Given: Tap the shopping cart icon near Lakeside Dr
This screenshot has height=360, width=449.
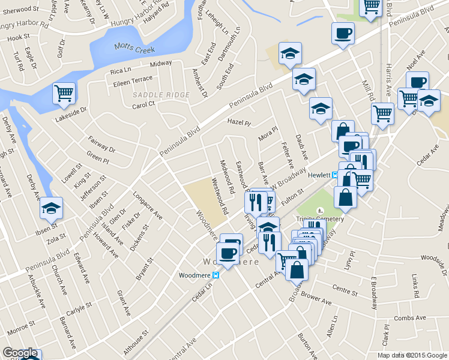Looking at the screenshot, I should [64, 94].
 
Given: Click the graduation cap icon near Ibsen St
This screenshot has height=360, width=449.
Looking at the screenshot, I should [52, 208].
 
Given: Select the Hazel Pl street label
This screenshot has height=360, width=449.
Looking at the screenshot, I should [238, 122].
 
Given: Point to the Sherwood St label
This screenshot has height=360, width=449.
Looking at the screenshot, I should [17, 10].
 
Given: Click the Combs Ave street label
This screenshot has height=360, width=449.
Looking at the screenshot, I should [410, 317].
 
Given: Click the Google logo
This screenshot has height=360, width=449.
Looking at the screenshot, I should [20, 353].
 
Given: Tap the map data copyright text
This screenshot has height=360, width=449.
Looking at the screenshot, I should [412, 355].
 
